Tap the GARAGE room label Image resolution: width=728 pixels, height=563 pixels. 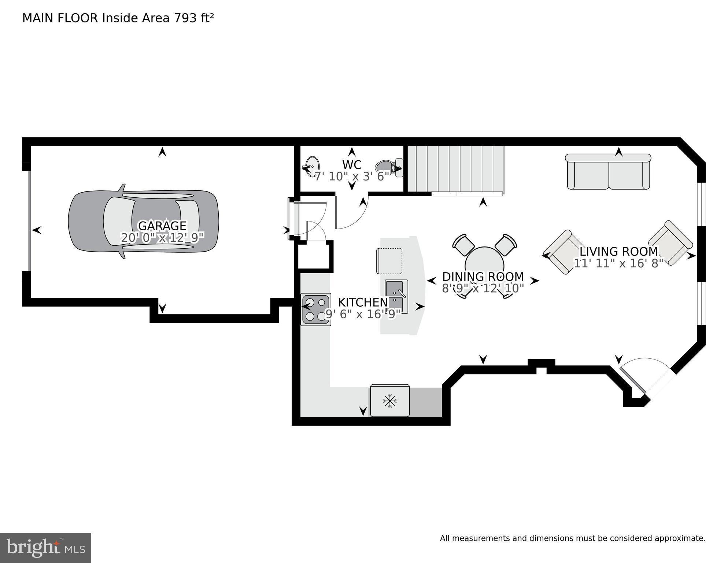(x=162, y=225)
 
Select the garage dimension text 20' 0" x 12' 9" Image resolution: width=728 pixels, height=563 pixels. (x=162, y=238)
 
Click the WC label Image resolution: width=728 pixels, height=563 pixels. (x=352, y=164)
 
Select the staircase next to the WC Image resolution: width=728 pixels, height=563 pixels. (x=456, y=169)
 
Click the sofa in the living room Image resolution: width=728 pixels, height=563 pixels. (x=608, y=172)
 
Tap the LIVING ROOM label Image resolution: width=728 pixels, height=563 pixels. (x=618, y=252)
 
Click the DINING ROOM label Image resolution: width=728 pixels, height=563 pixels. (x=483, y=277)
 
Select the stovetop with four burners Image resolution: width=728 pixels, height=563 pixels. (x=315, y=309)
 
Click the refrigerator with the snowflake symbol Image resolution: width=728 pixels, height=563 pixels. (x=390, y=401)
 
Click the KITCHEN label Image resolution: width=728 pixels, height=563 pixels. (x=363, y=302)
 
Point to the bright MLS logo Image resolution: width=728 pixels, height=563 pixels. (x=45, y=548)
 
